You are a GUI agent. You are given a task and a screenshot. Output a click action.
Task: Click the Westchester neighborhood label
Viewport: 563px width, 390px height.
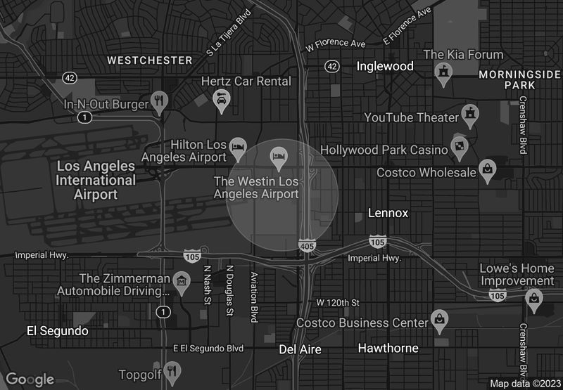point(150,60)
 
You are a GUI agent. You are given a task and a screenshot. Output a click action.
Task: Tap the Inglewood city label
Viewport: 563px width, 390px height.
point(385,66)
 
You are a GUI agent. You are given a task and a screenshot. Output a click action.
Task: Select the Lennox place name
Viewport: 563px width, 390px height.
point(388,213)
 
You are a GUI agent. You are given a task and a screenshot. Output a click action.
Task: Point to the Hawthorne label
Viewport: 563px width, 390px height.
point(388,348)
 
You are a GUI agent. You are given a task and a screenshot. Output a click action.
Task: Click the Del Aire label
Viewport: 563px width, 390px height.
point(300,349)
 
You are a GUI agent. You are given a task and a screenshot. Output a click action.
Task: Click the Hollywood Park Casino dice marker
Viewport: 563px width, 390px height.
point(459,146)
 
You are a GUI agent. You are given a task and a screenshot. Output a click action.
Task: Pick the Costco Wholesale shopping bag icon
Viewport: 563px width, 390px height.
point(487,169)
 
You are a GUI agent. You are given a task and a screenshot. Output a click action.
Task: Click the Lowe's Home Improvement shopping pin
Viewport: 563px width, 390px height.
point(535,298)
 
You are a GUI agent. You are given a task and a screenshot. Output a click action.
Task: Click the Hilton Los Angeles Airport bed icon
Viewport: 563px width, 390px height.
point(239,146)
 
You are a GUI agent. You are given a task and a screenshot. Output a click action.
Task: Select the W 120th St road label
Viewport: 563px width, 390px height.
point(338,302)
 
